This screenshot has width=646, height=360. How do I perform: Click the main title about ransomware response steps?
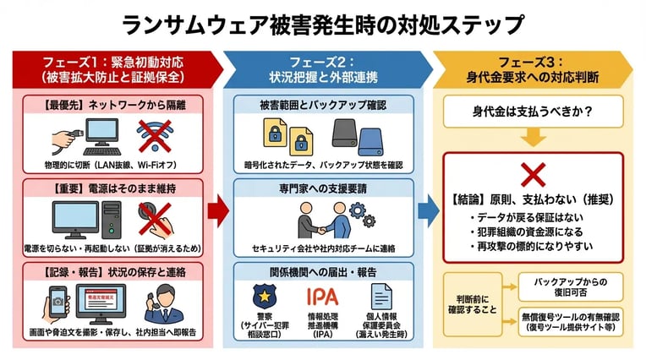(322, 24)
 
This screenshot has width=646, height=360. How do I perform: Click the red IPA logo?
(322, 297)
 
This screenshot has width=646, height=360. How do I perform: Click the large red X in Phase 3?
(534, 175)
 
